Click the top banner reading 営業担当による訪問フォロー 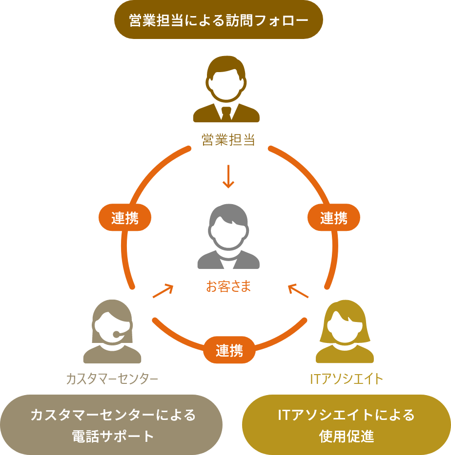tap(218, 20)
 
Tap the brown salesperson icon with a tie tap(226, 90)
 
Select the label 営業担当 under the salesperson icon tap(228, 140)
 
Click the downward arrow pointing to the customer tap(228, 176)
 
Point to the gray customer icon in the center tap(228, 237)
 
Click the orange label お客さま tap(228, 286)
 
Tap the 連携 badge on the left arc tap(125, 218)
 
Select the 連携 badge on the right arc tap(334, 218)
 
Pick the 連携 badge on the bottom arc tap(229, 350)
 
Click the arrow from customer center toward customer tap(164, 291)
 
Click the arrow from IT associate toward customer tap(298, 291)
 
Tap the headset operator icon tap(112, 332)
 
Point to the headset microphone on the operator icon tap(117, 334)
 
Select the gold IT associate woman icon tap(345, 332)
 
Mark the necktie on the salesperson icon tap(226, 114)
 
